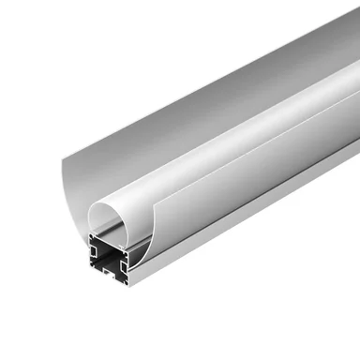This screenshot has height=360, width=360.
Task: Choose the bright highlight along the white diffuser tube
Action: click(x=234, y=122)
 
